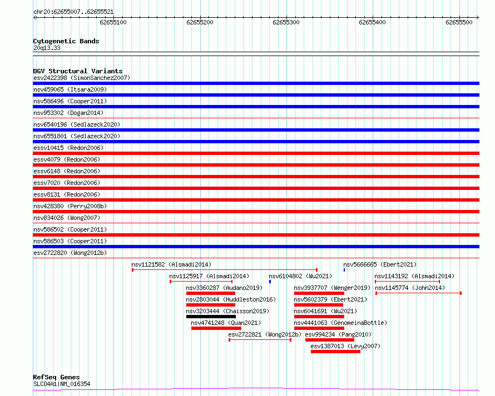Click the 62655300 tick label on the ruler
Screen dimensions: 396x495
tap(286, 22)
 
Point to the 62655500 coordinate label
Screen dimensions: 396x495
tap(459, 22)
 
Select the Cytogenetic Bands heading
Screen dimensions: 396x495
tap(66, 41)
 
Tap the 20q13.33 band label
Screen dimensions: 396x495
tap(47, 48)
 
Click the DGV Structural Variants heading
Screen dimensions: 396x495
tap(78, 71)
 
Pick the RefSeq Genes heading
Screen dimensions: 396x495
tap(56, 377)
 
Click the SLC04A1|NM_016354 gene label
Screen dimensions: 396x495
tap(62, 384)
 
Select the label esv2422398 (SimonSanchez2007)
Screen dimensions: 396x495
tap(82, 78)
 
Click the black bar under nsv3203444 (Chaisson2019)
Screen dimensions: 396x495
tap(211, 317)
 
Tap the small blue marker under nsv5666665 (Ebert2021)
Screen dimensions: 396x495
tap(344, 270)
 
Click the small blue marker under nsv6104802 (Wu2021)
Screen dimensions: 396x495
tap(270, 282)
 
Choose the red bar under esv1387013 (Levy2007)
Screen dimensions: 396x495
tap(335, 352)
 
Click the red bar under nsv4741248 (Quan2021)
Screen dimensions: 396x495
tap(216, 328)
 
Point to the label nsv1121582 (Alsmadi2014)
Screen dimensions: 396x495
tap(171, 264)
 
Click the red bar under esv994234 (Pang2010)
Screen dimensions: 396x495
tap(329, 340)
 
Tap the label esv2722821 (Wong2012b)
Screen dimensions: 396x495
tap(264, 334)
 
